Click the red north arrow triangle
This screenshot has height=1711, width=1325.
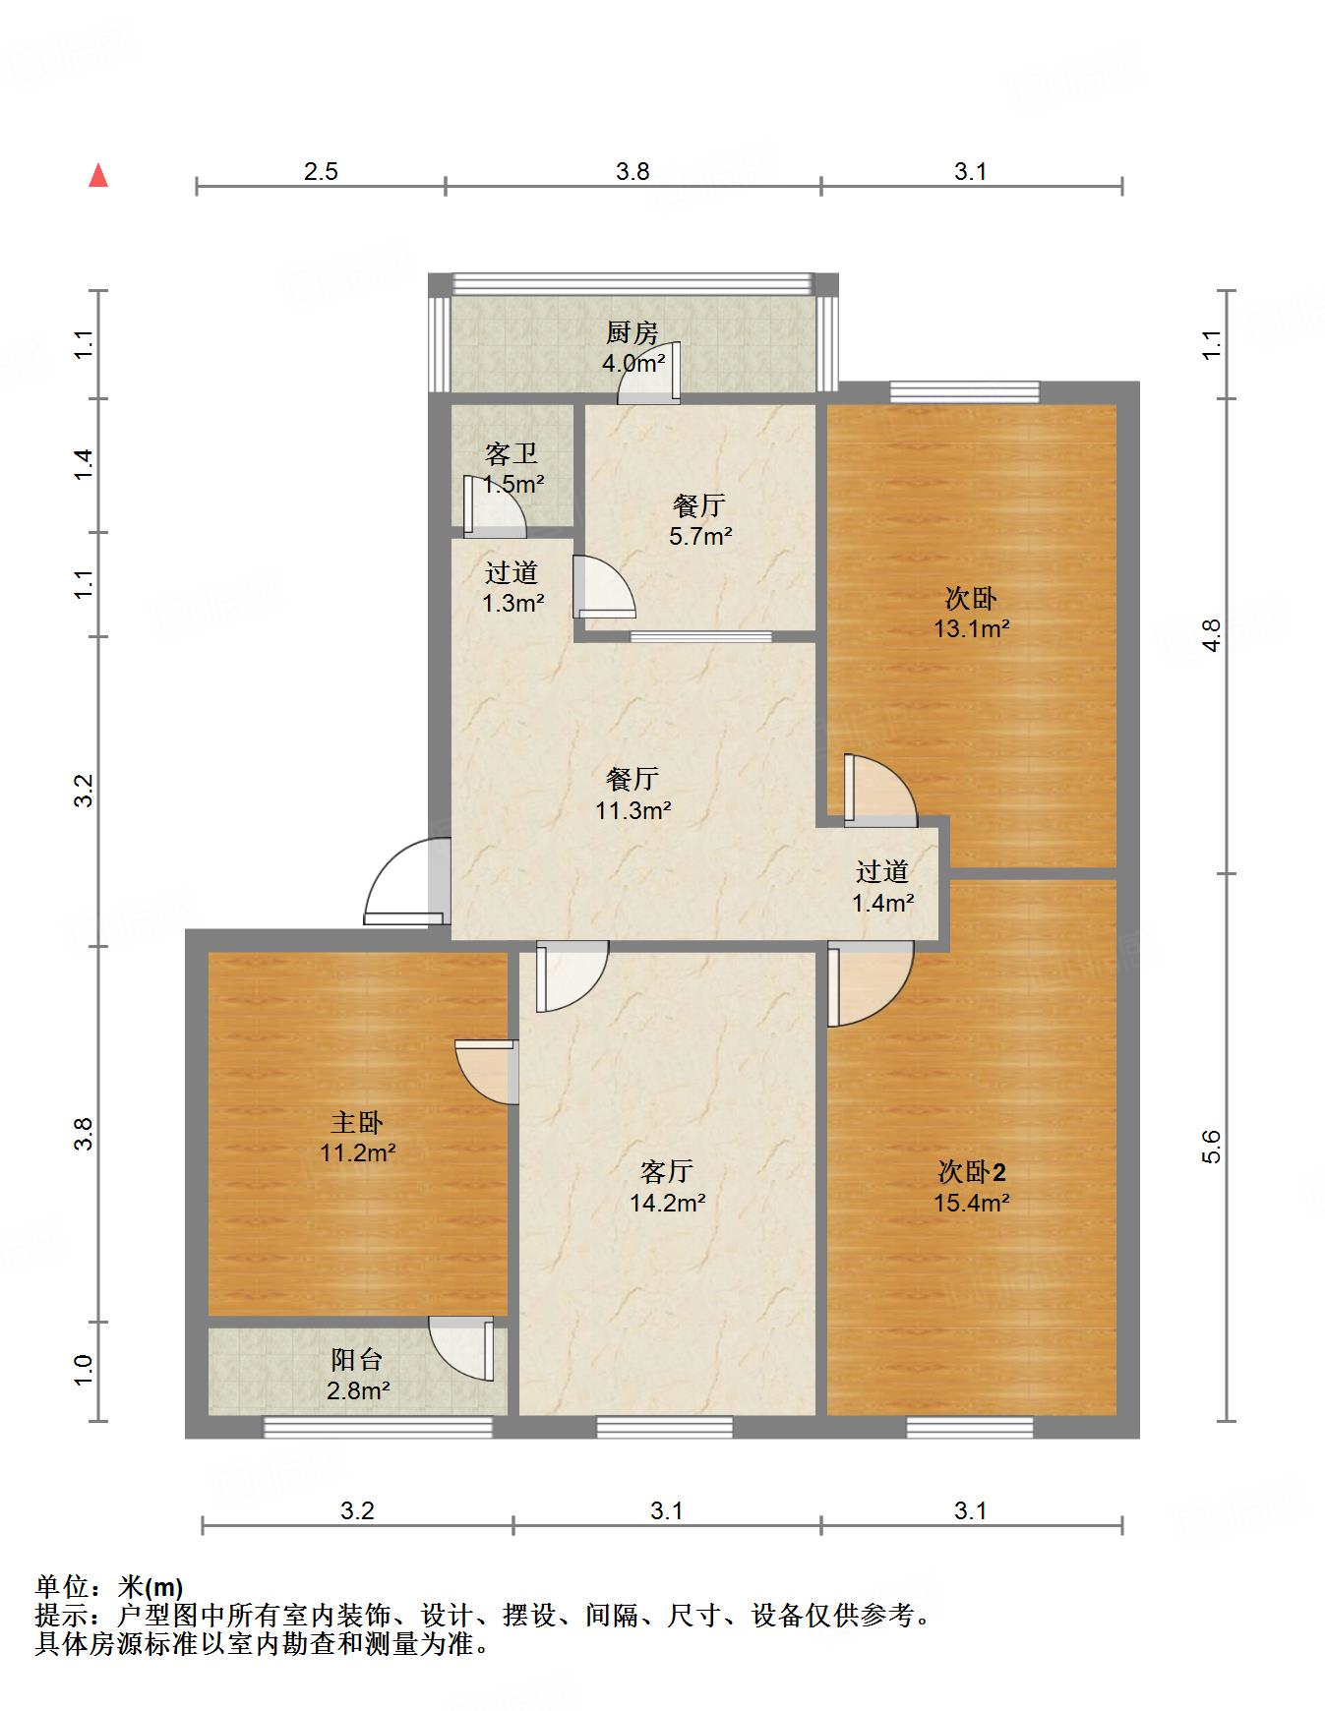pos(98,175)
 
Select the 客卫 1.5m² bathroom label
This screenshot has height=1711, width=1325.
pos(512,469)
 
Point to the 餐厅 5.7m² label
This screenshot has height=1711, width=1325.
pos(700,521)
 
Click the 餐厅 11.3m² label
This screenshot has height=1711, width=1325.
pos(632,796)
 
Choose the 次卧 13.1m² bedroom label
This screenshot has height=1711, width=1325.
pos(972,613)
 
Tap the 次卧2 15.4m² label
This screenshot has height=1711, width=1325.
pos(972,1187)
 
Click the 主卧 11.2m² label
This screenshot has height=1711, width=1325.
pos(357,1137)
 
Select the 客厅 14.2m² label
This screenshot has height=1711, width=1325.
pos(667,1187)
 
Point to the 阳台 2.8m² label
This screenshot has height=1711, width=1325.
pos(357,1375)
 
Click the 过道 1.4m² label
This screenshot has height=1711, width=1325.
pos(882,886)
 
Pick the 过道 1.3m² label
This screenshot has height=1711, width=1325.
pos(512,587)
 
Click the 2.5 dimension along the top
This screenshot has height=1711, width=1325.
pos(321,172)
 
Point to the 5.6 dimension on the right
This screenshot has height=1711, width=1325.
pos(1211,1147)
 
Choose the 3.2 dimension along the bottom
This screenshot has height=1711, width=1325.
pos(357,1509)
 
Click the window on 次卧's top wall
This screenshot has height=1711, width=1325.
pos(965,392)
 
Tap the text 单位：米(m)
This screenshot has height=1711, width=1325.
pos(109,1587)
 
